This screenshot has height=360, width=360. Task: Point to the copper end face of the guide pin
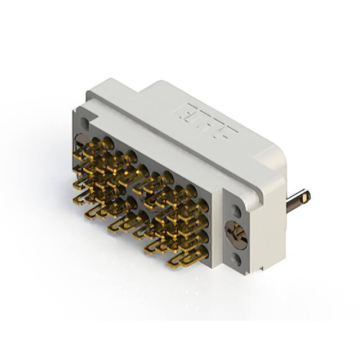click(x=305, y=197)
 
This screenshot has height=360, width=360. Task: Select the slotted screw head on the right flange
click(x=236, y=235)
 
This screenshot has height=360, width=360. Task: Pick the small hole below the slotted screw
click(x=237, y=259)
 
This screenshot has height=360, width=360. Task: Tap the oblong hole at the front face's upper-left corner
click(x=84, y=123)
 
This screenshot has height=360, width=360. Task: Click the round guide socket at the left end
click(x=82, y=140)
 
